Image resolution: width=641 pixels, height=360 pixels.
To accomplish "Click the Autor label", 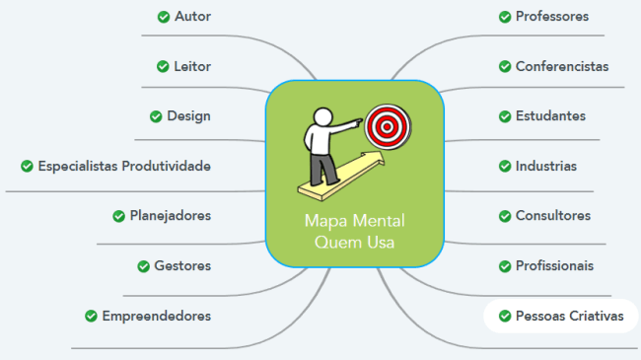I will [192, 16].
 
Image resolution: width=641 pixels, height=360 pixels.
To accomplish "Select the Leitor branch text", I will [192, 66].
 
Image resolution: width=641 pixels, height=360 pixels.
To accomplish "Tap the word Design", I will [188, 116].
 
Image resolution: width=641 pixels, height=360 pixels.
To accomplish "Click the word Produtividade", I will [166, 166].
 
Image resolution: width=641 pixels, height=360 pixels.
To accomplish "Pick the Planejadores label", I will [170, 216].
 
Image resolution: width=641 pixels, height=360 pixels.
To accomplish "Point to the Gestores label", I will [182, 265].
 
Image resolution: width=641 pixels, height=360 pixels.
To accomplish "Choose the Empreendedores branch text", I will [156, 316].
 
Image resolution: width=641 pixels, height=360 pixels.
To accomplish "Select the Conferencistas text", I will [562, 66].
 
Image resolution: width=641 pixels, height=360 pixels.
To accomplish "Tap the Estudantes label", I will [550, 116].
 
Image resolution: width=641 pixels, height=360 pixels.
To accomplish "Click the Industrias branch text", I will [546, 166].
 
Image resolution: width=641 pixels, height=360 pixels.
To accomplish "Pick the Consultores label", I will [553, 216].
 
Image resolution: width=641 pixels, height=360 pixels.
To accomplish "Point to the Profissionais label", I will [555, 265].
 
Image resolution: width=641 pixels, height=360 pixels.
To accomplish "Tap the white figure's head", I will [320, 115].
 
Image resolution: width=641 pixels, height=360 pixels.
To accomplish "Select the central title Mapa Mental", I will [354, 220].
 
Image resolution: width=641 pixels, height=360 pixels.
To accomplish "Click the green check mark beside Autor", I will [163, 16].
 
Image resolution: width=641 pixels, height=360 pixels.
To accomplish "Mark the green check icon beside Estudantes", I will [505, 116].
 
